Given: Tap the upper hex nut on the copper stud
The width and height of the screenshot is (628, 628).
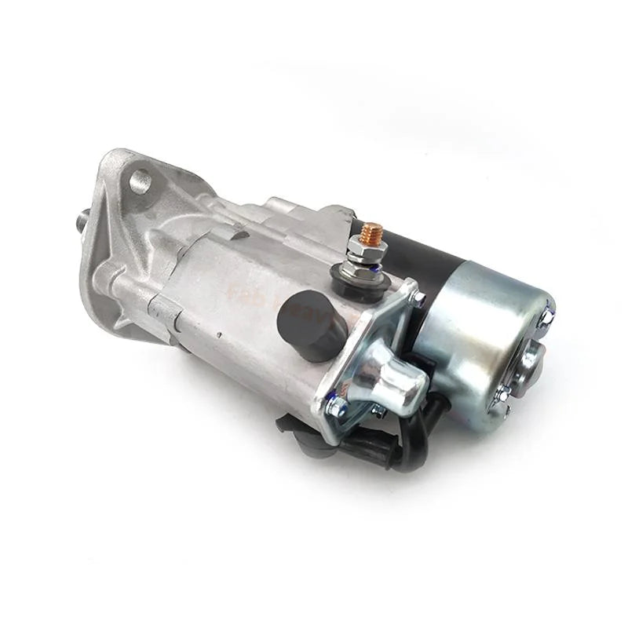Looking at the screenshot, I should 366,250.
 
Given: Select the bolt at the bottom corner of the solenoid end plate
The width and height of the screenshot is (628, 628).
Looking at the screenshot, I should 335,406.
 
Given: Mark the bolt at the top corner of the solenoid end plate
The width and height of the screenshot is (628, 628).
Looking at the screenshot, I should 418,298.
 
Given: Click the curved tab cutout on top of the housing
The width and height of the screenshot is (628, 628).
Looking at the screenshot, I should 236,232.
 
